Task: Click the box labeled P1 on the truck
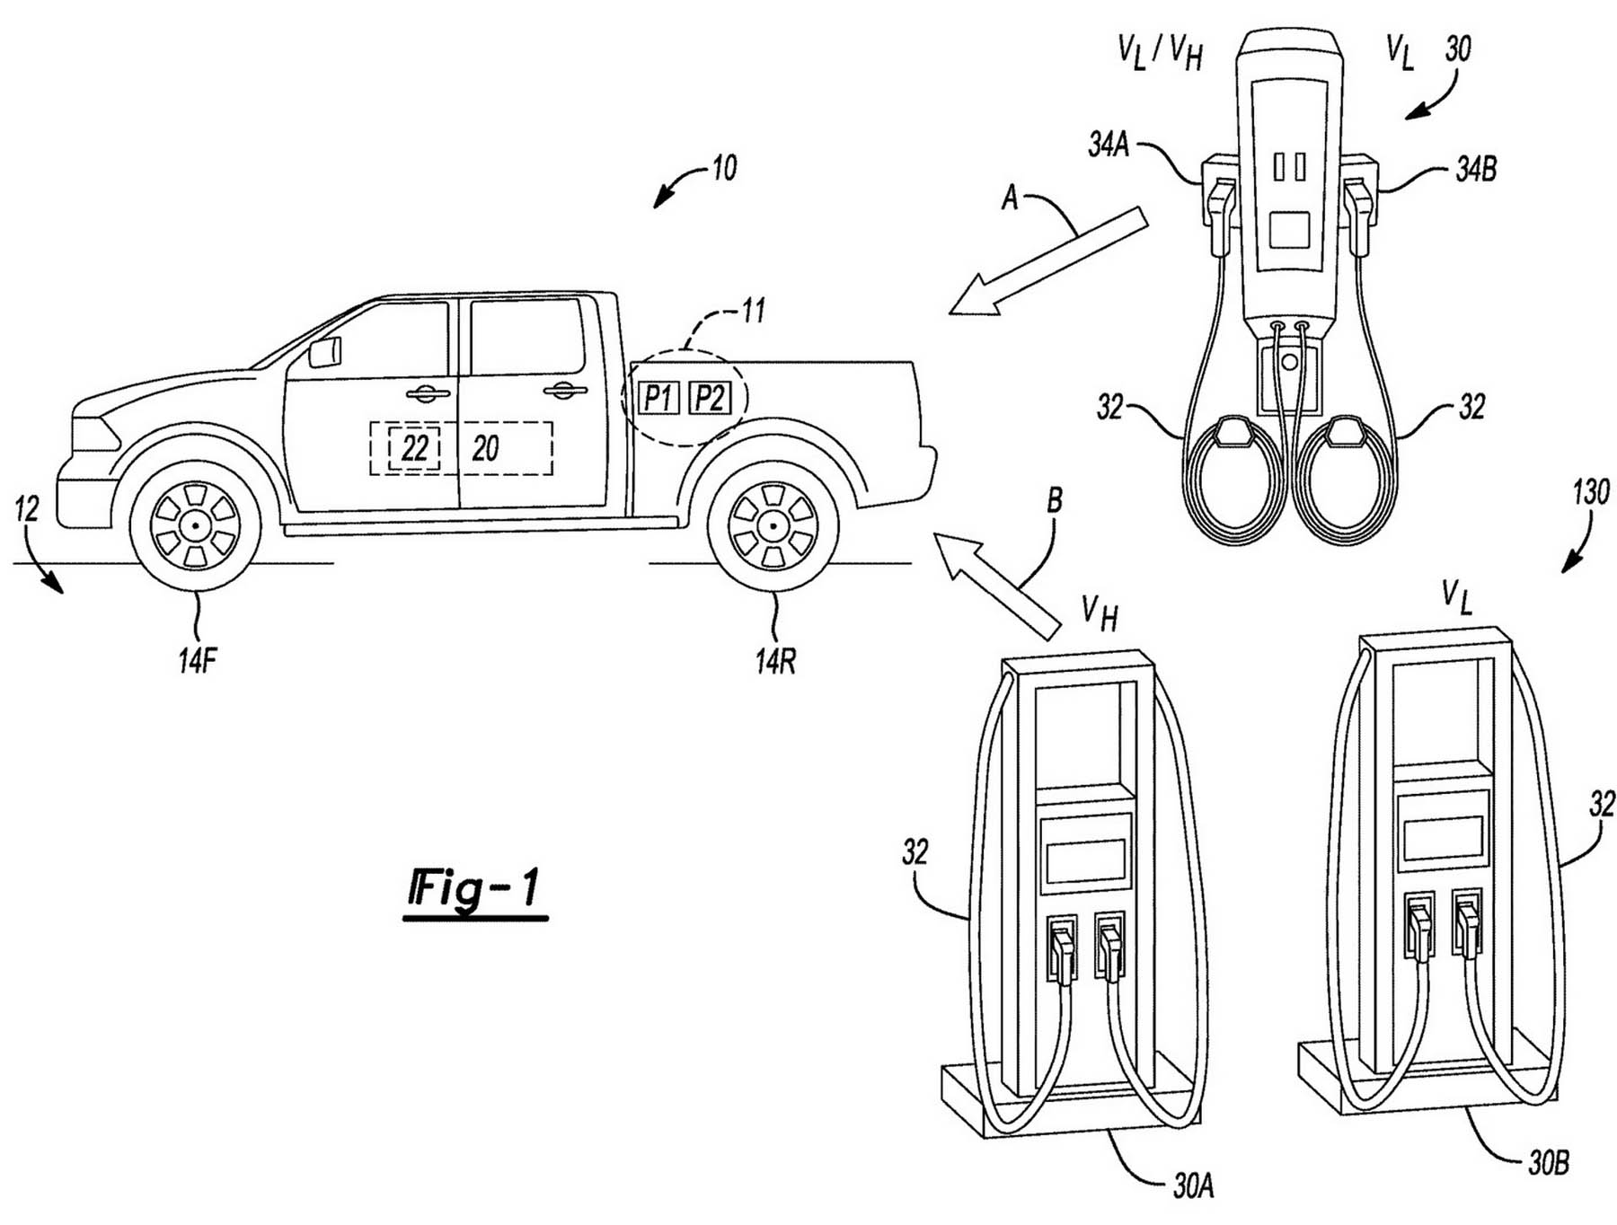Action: click(658, 397)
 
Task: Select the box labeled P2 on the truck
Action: click(710, 397)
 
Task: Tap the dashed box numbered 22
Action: click(414, 447)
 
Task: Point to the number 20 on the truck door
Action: click(485, 448)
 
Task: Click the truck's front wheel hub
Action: click(195, 524)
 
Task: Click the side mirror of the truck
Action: click(325, 352)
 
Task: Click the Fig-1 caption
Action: click(475, 889)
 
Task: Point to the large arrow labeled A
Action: click(1048, 261)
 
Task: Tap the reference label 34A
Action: click(1108, 145)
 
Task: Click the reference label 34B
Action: click(1476, 168)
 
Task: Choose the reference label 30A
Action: click(1193, 1187)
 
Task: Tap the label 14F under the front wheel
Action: click(198, 661)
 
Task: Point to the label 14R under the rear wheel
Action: click(775, 661)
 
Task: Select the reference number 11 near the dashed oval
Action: click(753, 311)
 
